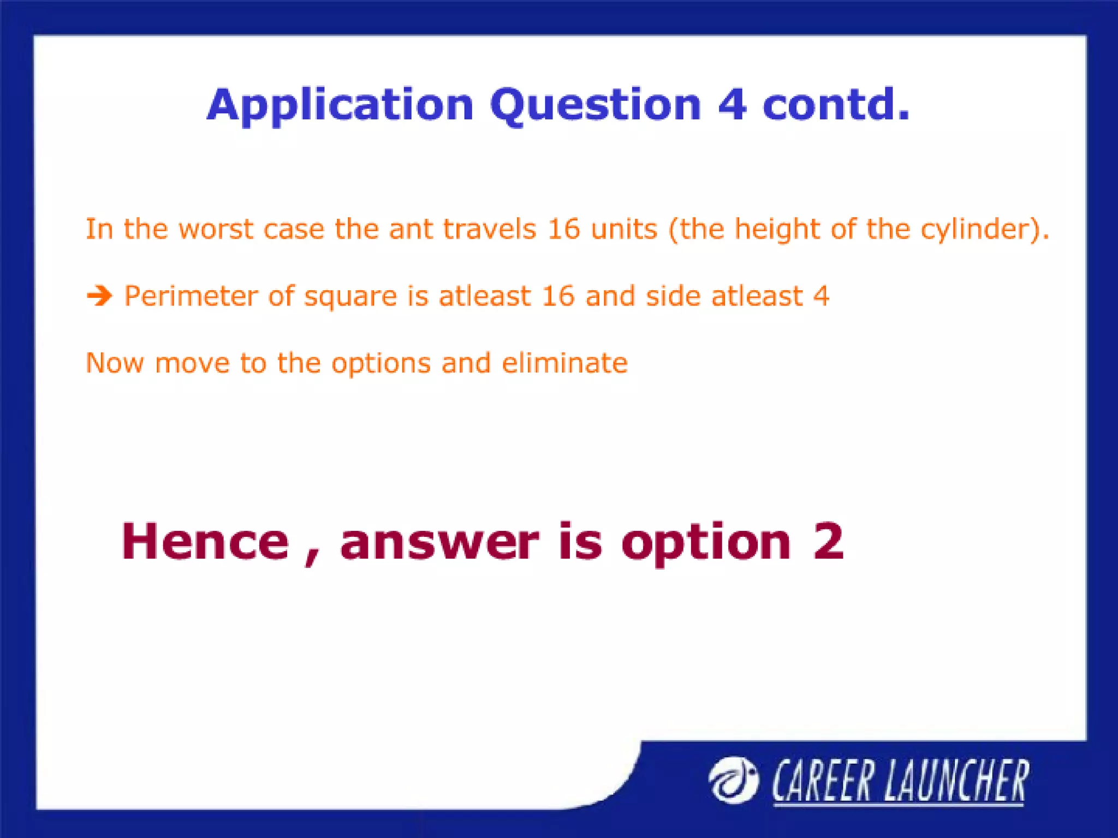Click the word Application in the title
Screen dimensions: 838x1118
(340, 105)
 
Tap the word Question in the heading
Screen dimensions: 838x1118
(595, 105)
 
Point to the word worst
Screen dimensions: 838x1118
(216, 229)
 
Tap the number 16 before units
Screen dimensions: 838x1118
(563, 229)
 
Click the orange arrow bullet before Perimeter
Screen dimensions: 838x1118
(99, 296)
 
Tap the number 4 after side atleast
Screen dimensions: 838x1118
(821, 296)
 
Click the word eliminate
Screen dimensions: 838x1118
(564, 363)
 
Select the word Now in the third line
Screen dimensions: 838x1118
(114, 363)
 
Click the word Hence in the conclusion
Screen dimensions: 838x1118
(205, 541)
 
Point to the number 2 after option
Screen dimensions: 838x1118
(828, 541)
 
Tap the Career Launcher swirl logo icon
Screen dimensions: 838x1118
(733, 780)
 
